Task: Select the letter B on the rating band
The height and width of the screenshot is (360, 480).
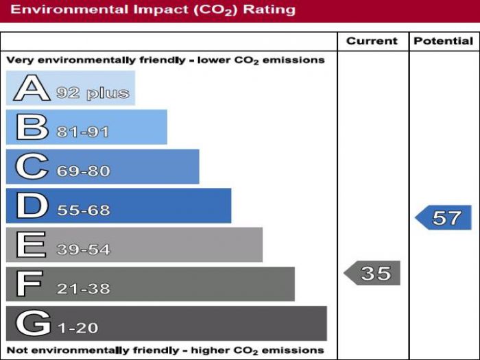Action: tap(32, 128)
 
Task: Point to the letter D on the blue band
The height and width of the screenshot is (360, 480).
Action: tap(32, 206)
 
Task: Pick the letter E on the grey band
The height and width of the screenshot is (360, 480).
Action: tap(31, 245)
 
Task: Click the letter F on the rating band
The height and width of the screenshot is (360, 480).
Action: tap(30, 284)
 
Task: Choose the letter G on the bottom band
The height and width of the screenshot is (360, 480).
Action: tap(33, 323)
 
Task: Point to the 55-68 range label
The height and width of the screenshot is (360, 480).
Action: tap(83, 211)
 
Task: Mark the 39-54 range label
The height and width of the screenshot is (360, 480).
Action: tap(83, 250)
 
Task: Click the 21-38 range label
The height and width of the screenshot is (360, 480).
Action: tap(83, 289)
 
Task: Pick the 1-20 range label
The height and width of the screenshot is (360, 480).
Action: tap(77, 328)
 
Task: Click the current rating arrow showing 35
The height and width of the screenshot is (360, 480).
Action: tap(372, 274)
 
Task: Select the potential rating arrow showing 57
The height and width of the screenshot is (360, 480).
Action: tap(444, 218)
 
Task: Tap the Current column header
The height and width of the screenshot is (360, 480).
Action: tap(372, 41)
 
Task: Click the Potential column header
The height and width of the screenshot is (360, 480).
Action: tap(444, 41)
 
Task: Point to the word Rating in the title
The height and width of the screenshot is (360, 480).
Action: tap(269, 10)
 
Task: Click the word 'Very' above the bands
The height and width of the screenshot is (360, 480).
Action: tap(19, 60)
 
